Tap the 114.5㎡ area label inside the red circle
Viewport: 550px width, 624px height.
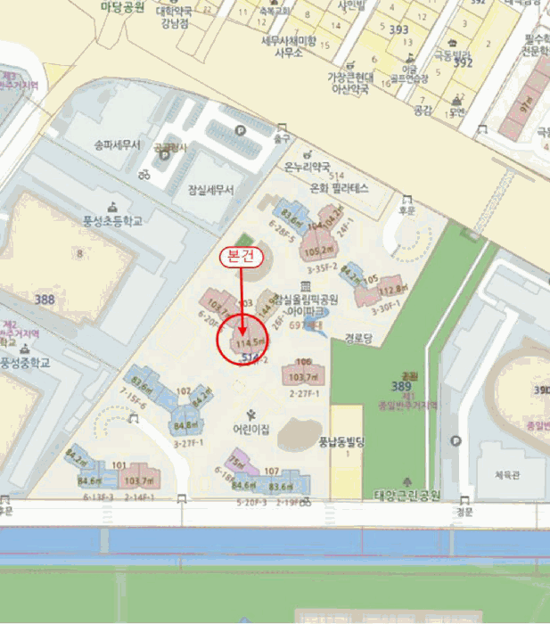pyautogui.click(x=249, y=341)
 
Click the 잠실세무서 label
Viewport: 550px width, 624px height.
pyautogui.click(x=210, y=190)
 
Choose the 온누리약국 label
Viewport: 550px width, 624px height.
pyautogui.click(x=307, y=167)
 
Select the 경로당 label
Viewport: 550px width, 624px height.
pyautogui.click(x=357, y=339)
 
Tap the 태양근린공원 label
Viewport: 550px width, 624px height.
pyautogui.click(x=407, y=495)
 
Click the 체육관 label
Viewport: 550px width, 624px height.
pyautogui.click(x=506, y=475)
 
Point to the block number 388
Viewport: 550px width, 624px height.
pyautogui.click(x=45, y=300)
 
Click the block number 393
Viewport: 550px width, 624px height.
pyautogui.click(x=398, y=30)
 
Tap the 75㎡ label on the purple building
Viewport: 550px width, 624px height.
pyautogui.click(x=237, y=461)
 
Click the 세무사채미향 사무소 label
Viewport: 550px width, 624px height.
pyautogui.click(x=288, y=46)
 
